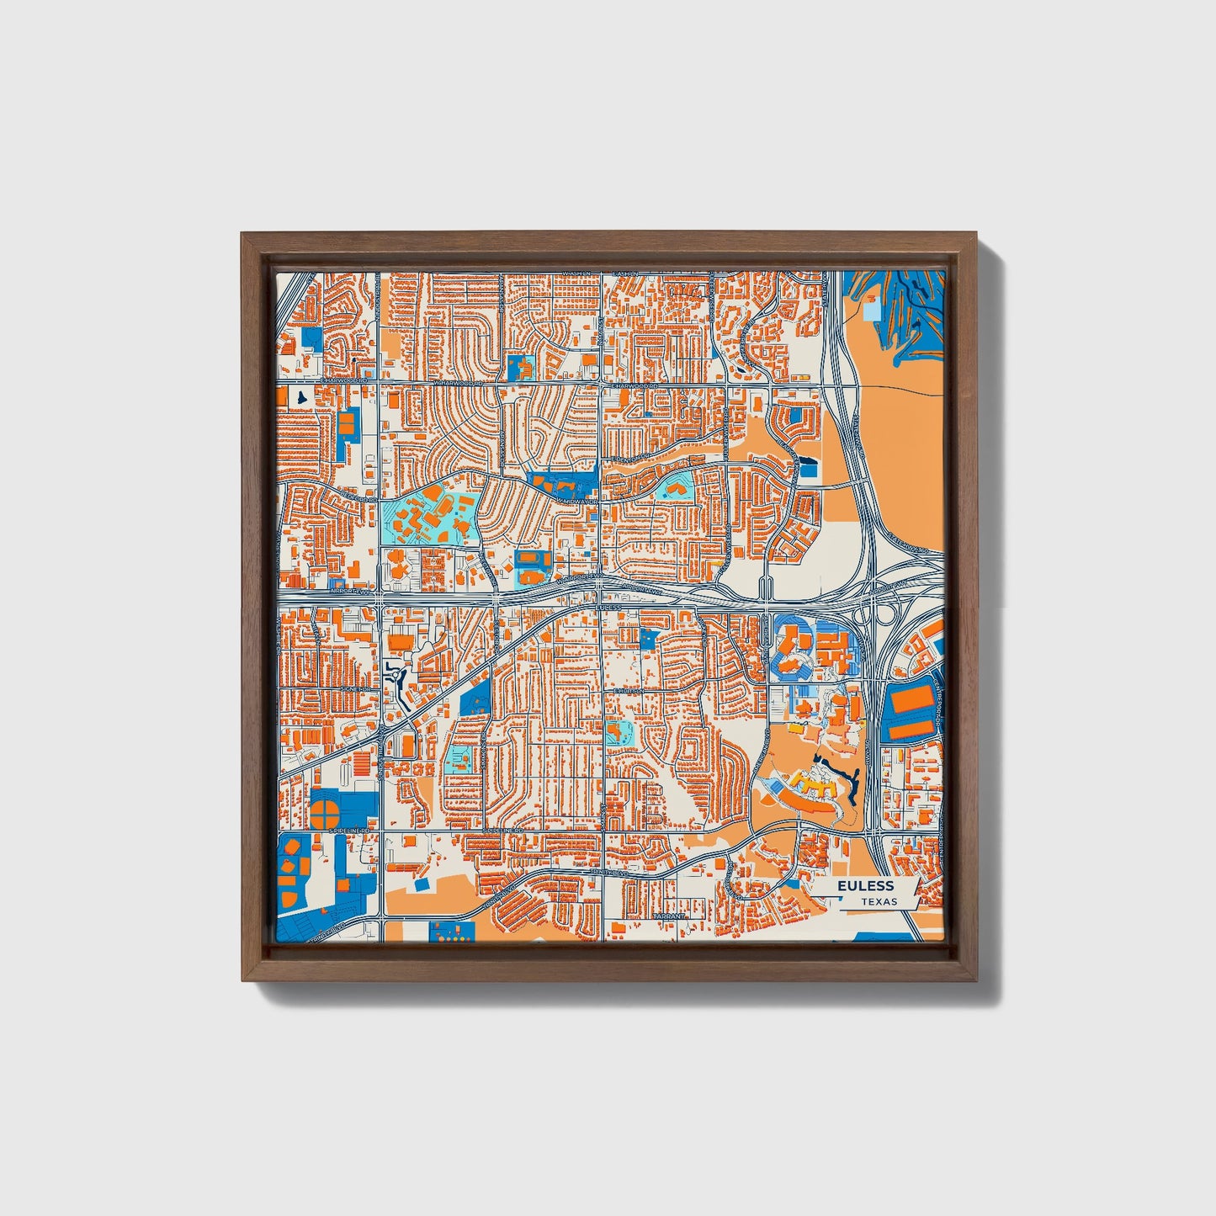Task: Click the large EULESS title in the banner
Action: (865, 886)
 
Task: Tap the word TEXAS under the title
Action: (879, 901)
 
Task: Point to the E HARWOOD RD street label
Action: (633, 385)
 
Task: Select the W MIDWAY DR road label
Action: (576, 501)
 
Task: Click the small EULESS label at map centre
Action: (608, 607)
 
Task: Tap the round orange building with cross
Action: (327, 813)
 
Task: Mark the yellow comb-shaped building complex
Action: (807, 786)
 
